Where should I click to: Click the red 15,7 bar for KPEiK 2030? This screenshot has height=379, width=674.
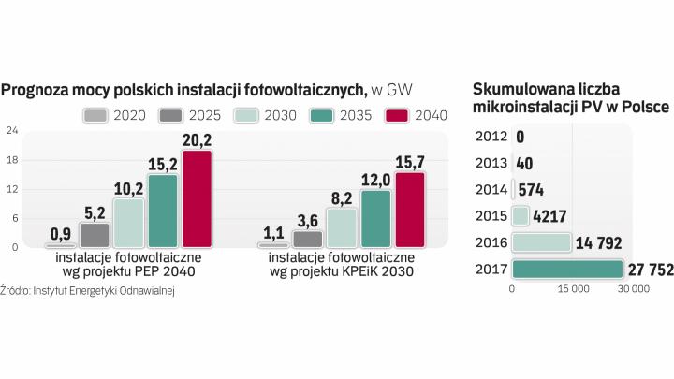coord(410,210)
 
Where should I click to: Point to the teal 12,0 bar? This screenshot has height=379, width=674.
coord(375,218)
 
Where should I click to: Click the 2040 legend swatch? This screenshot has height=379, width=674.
coord(397,116)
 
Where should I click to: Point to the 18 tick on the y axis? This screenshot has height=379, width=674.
coord(11,160)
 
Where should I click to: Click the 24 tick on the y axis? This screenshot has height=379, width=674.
coord(11,130)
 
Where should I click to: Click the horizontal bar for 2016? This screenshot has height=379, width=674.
coord(542,242)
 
